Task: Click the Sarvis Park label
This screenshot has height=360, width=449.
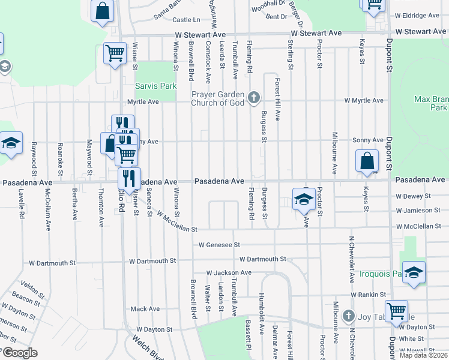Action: [x=155, y=86]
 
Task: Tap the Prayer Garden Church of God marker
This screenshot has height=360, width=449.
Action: [x=254, y=97]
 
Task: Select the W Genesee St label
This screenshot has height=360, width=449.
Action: [x=220, y=245]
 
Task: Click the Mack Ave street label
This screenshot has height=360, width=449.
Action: [x=145, y=309]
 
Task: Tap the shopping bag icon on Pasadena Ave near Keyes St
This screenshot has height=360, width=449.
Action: [x=367, y=161]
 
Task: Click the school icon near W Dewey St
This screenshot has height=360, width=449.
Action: [x=304, y=199]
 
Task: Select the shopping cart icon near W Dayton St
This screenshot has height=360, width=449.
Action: [x=396, y=311]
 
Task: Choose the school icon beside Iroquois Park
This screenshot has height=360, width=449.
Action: [x=414, y=272]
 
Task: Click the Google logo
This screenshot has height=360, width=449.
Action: [x=20, y=352]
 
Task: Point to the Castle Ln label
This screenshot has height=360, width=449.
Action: [x=186, y=20]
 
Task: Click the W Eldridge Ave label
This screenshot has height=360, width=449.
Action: [x=417, y=16]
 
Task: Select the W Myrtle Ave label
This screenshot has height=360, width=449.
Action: [x=363, y=100]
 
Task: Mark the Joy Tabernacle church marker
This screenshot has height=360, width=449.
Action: [x=348, y=316]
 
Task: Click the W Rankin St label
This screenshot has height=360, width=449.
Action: [x=369, y=294]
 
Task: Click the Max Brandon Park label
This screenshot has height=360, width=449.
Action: [x=431, y=103]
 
